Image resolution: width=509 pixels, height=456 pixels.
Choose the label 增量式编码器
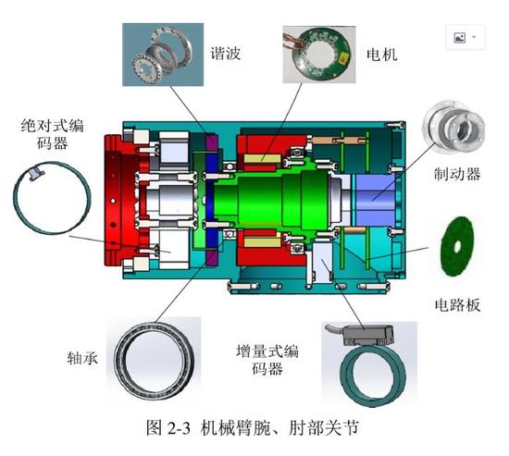click(x=269, y=360)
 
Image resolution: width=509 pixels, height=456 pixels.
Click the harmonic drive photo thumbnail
click(x=163, y=55)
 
